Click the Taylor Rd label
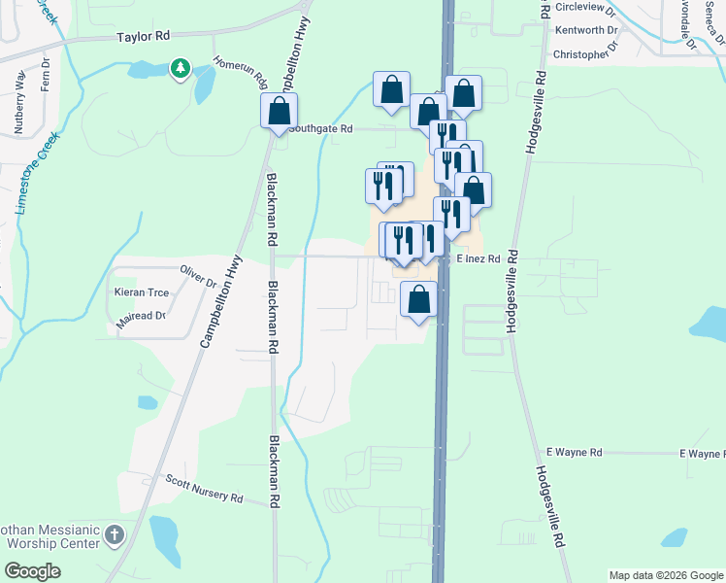point(143,36)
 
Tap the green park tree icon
point(180,68)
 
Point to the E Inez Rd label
point(478,259)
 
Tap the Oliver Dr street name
point(198,275)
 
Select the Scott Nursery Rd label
point(203,489)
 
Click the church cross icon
point(115,535)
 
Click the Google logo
point(32,570)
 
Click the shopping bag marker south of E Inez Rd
point(418,300)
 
